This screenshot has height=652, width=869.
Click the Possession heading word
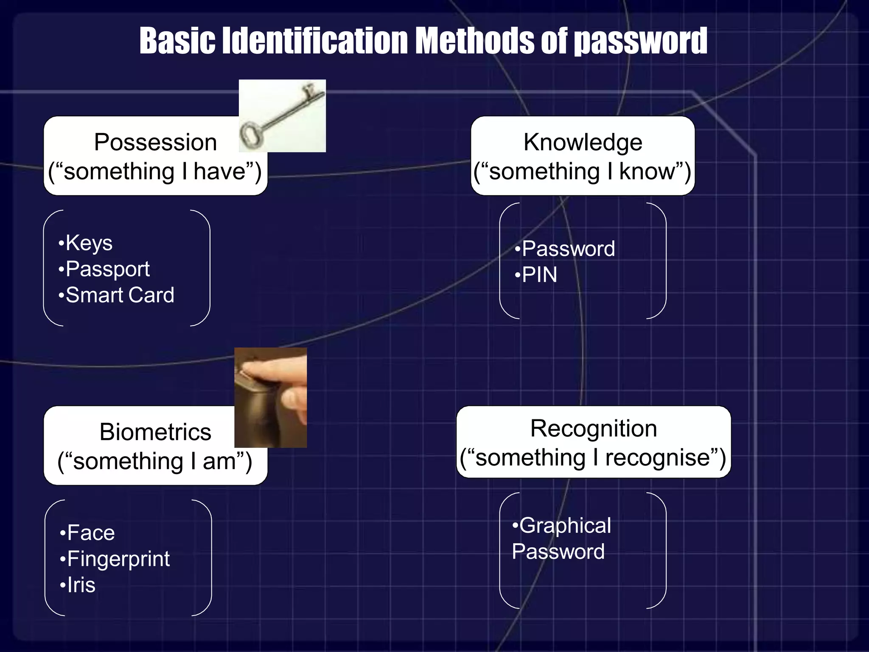coord(155,142)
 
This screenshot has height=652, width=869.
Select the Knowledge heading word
coord(583,142)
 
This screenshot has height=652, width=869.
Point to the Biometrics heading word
coord(155,432)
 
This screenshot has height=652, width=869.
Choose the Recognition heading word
coord(593,428)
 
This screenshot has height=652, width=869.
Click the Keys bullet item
coord(89,243)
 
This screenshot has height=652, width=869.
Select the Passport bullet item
coord(107,269)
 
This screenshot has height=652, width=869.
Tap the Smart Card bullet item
coord(120,295)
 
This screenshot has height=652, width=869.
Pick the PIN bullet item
coord(539,275)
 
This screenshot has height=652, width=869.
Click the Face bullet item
coord(91,533)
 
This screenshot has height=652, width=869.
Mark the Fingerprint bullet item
coord(118,559)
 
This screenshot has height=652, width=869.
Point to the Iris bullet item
coord(81,585)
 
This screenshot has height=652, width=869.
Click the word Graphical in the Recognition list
coord(565,526)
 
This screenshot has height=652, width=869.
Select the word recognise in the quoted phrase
coord(657,458)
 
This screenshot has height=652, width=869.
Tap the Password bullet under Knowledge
coord(568,249)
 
